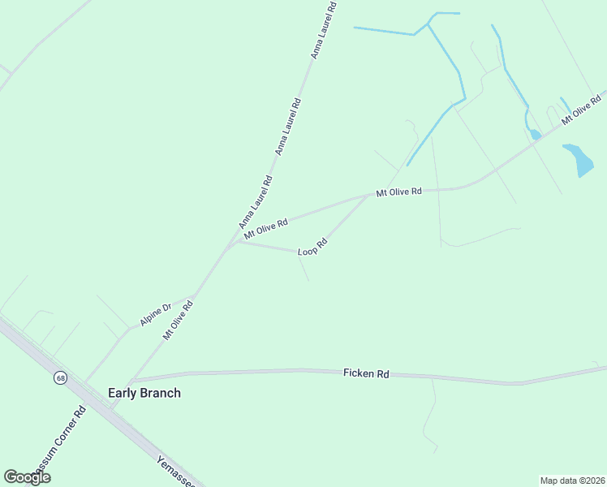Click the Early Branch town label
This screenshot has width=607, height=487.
pos(144,393)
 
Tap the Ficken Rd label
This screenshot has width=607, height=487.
pos(366,373)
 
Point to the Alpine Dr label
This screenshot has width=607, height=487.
pos(155,314)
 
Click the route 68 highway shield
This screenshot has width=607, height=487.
pos(61,378)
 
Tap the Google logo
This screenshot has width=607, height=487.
pos(27,477)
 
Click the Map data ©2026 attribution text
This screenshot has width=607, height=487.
pos(573,481)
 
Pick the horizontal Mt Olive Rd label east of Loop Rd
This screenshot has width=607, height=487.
pos(398,192)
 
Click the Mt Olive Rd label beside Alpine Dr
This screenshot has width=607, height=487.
pos(178,321)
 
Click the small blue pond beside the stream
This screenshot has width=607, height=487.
pos(536,135)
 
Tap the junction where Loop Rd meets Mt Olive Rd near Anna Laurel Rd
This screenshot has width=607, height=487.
pos(235,242)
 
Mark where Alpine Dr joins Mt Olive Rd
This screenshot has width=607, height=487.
pos(196,295)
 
